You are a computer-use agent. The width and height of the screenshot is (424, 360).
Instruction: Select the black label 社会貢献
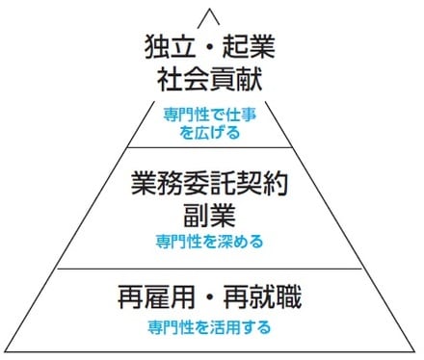click(x=205, y=76)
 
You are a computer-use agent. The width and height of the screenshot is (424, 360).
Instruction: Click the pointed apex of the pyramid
click(x=205, y=8)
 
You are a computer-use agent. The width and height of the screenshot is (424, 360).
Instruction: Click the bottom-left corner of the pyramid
click(x=6, y=352)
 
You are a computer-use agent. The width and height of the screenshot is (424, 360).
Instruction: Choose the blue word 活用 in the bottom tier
click(x=218, y=325)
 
